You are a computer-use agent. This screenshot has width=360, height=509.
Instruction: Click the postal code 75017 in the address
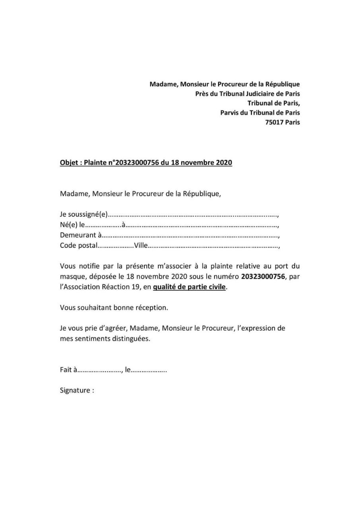[275, 122]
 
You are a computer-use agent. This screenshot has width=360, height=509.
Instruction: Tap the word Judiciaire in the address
[257, 94]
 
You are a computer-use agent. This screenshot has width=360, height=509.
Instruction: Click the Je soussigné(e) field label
[84, 215]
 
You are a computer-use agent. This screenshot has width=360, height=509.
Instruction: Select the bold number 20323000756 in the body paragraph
[263, 277]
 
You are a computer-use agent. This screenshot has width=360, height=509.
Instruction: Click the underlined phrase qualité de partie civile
[189, 287]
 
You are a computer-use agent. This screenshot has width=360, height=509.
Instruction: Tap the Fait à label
[68, 370]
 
